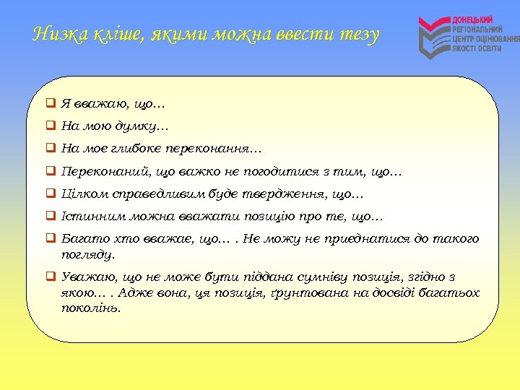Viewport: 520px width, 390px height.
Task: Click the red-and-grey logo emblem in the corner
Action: [x=434, y=37]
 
